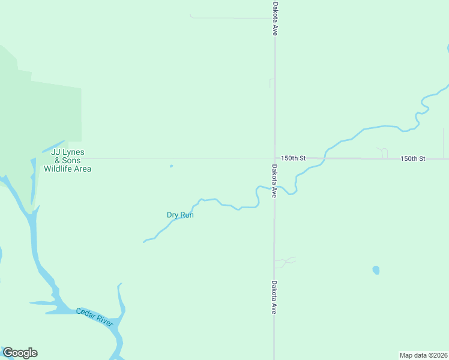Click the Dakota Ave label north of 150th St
tap(274, 18)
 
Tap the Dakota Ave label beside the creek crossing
tap(274, 181)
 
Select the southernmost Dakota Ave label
tap(274, 298)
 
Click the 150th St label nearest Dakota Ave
tap(294, 158)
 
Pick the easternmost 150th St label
tap(413, 158)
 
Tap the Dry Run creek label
tap(180, 215)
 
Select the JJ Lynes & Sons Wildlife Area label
tap(67, 161)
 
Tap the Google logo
tap(20, 353)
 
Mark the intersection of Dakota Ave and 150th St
tap(274, 158)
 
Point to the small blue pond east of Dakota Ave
tap(376, 270)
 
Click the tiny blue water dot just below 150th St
tap(171, 166)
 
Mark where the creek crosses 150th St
tap(325, 158)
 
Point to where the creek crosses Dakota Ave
tap(274, 188)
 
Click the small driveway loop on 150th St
tap(382, 152)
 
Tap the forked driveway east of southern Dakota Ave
tap(285, 262)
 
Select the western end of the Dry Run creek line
tap(144, 242)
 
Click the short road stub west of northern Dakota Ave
tap(271, 83)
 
